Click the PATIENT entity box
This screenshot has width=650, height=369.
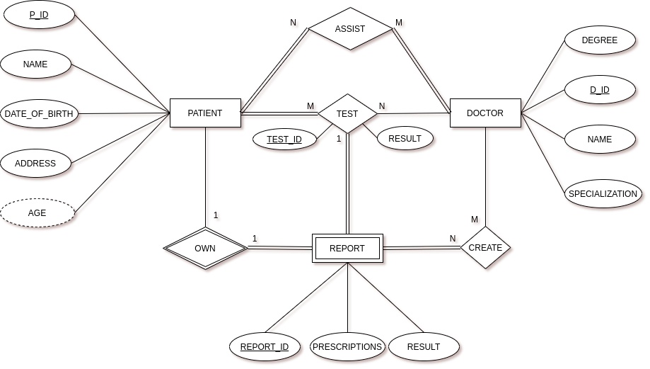(205, 113)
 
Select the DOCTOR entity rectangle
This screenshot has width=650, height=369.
(485, 113)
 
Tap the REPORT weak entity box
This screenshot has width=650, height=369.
(347, 248)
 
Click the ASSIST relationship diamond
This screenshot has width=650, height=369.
(350, 29)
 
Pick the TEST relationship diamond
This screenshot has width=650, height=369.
(347, 113)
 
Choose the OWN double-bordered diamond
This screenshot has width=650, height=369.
(205, 248)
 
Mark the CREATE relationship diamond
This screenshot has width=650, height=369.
(485, 247)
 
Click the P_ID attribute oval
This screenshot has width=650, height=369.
(39, 14)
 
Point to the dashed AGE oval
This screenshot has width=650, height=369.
(37, 212)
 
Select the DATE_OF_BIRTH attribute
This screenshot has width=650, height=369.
(39, 113)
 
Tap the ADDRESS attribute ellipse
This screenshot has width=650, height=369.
(35, 163)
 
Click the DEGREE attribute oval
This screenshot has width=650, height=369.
(600, 40)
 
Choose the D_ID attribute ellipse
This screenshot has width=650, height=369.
(600, 90)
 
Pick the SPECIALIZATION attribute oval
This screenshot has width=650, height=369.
(603, 193)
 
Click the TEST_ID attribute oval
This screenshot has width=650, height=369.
(284, 139)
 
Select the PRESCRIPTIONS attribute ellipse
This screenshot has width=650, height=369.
(347, 346)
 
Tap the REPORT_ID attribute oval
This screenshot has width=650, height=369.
(265, 346)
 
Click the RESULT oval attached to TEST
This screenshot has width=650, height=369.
(405, 138)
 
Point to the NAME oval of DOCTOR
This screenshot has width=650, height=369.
(600, 140)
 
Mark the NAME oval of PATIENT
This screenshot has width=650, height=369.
(35, 64)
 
